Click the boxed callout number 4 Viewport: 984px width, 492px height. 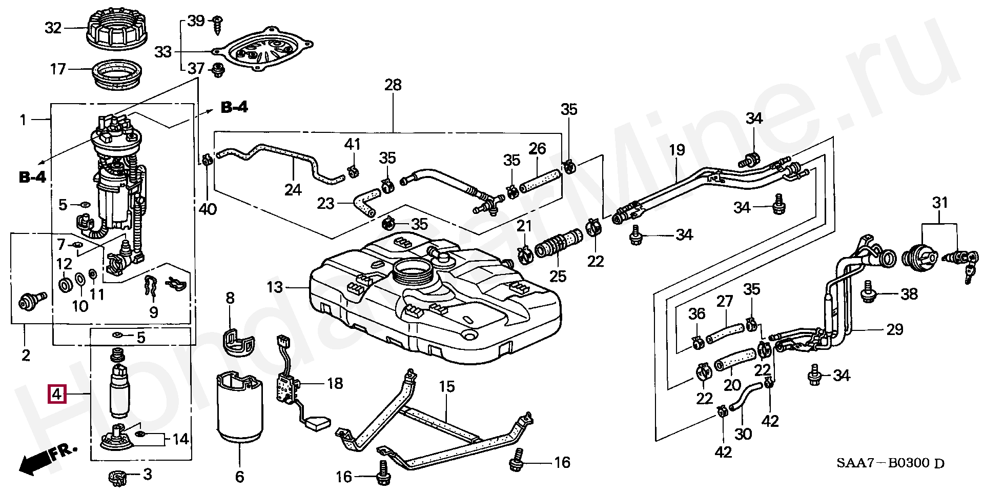(x=56, y=395)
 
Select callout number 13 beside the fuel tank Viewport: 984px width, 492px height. (x=275, y=287)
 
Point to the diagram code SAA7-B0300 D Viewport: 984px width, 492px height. (x=890, y=463)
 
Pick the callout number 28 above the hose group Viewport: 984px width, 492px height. (x=393, y=85)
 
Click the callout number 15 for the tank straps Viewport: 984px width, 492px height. (x=447, y=386)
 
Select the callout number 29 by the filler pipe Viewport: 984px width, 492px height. (x=895, y=329)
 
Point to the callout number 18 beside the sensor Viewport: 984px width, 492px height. (x=335, y=383)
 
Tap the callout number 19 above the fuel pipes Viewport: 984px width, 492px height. (x=676, y=150)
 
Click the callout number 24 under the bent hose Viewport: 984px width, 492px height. (x=293, y=190)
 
